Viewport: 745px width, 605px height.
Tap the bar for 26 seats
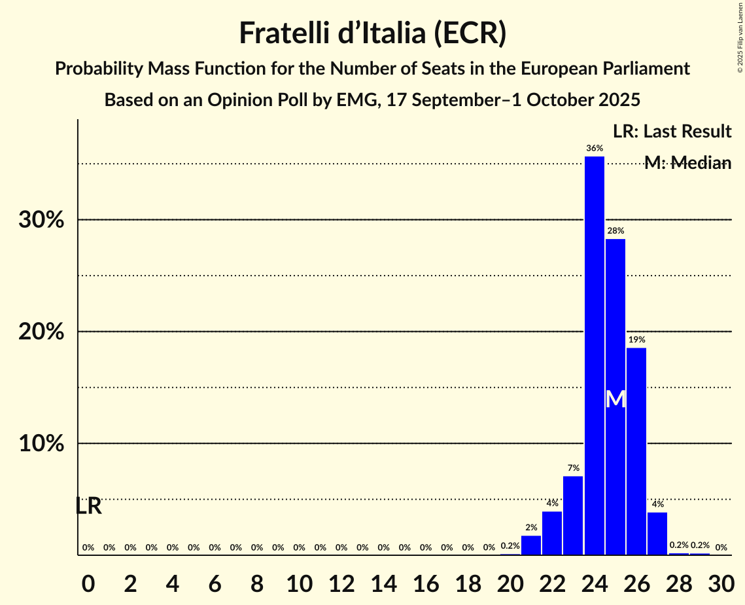[x=636, y=451]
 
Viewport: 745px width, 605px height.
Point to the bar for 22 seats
[x=552, y=533]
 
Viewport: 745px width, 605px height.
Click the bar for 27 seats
[x=657, y=534]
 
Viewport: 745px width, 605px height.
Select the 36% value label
[x=594, y=149]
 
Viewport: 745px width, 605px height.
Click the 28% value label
[x=615, y=231]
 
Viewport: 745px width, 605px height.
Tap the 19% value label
[x=636, y=340]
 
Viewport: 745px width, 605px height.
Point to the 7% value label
[x=573, y=468]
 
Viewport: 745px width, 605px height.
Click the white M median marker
[x=615, y=399]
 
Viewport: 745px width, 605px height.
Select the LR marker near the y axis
[x=88, y=506]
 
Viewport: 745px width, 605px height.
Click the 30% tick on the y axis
[x=41, y=220]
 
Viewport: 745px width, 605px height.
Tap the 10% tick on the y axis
[x=41, y=444]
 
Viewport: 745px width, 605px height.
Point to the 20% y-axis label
[x=41, y=332]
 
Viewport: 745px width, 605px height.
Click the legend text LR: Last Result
[x=672, y=132]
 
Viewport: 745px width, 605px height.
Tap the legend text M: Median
[x=687, y=163]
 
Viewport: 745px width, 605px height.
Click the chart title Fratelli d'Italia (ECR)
[x=372, y=33]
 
